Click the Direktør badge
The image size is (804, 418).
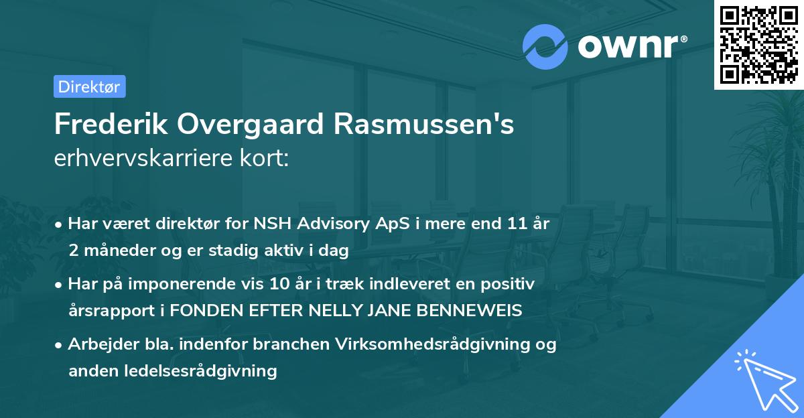coord(89,86)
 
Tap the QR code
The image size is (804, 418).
coord(758,44)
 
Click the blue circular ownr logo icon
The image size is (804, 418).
coord(545,46)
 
